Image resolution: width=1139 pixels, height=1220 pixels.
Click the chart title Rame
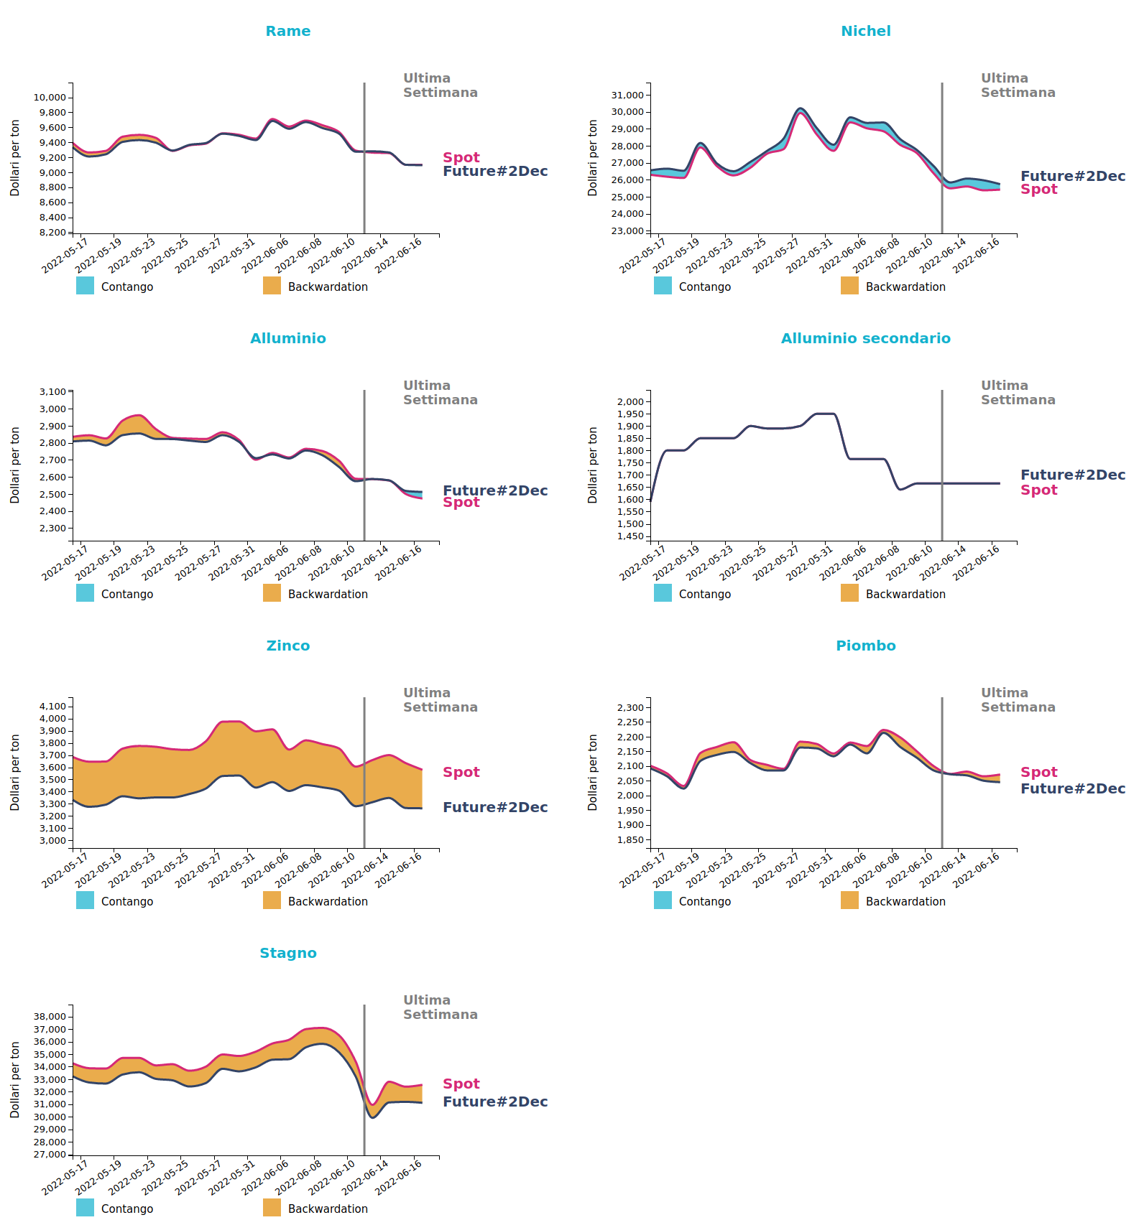point(287,31)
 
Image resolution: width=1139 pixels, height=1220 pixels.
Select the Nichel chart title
point(865,31)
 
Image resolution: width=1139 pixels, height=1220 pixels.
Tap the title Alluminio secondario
point(865,338)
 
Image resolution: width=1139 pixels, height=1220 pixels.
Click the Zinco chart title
point(287,646)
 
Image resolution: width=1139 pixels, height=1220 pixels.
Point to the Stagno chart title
point(287,953)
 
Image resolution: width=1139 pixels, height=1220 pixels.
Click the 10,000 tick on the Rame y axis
point(50,98)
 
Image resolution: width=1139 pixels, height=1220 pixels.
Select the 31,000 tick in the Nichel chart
point(627,95)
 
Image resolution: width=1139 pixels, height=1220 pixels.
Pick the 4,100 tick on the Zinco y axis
point(52,707)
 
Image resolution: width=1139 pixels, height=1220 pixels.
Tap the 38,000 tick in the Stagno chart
point(50,1017)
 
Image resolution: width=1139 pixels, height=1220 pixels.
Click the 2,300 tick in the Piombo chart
point(630,708)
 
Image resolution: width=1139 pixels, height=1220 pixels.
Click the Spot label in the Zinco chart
point(461,772)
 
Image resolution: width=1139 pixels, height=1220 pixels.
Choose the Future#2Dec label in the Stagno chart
point(494,1102)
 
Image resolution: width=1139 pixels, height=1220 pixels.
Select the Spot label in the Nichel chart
point(1038,190)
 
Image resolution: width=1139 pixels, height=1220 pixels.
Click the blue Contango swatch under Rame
point(85,286)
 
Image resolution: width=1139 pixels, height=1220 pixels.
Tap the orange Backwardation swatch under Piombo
point(849,900)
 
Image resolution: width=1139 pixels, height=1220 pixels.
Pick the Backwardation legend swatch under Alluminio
point(272,593)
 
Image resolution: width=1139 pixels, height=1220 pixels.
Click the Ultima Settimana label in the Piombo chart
point(1018,700)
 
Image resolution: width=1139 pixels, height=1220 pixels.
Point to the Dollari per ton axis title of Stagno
point(15,1079)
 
